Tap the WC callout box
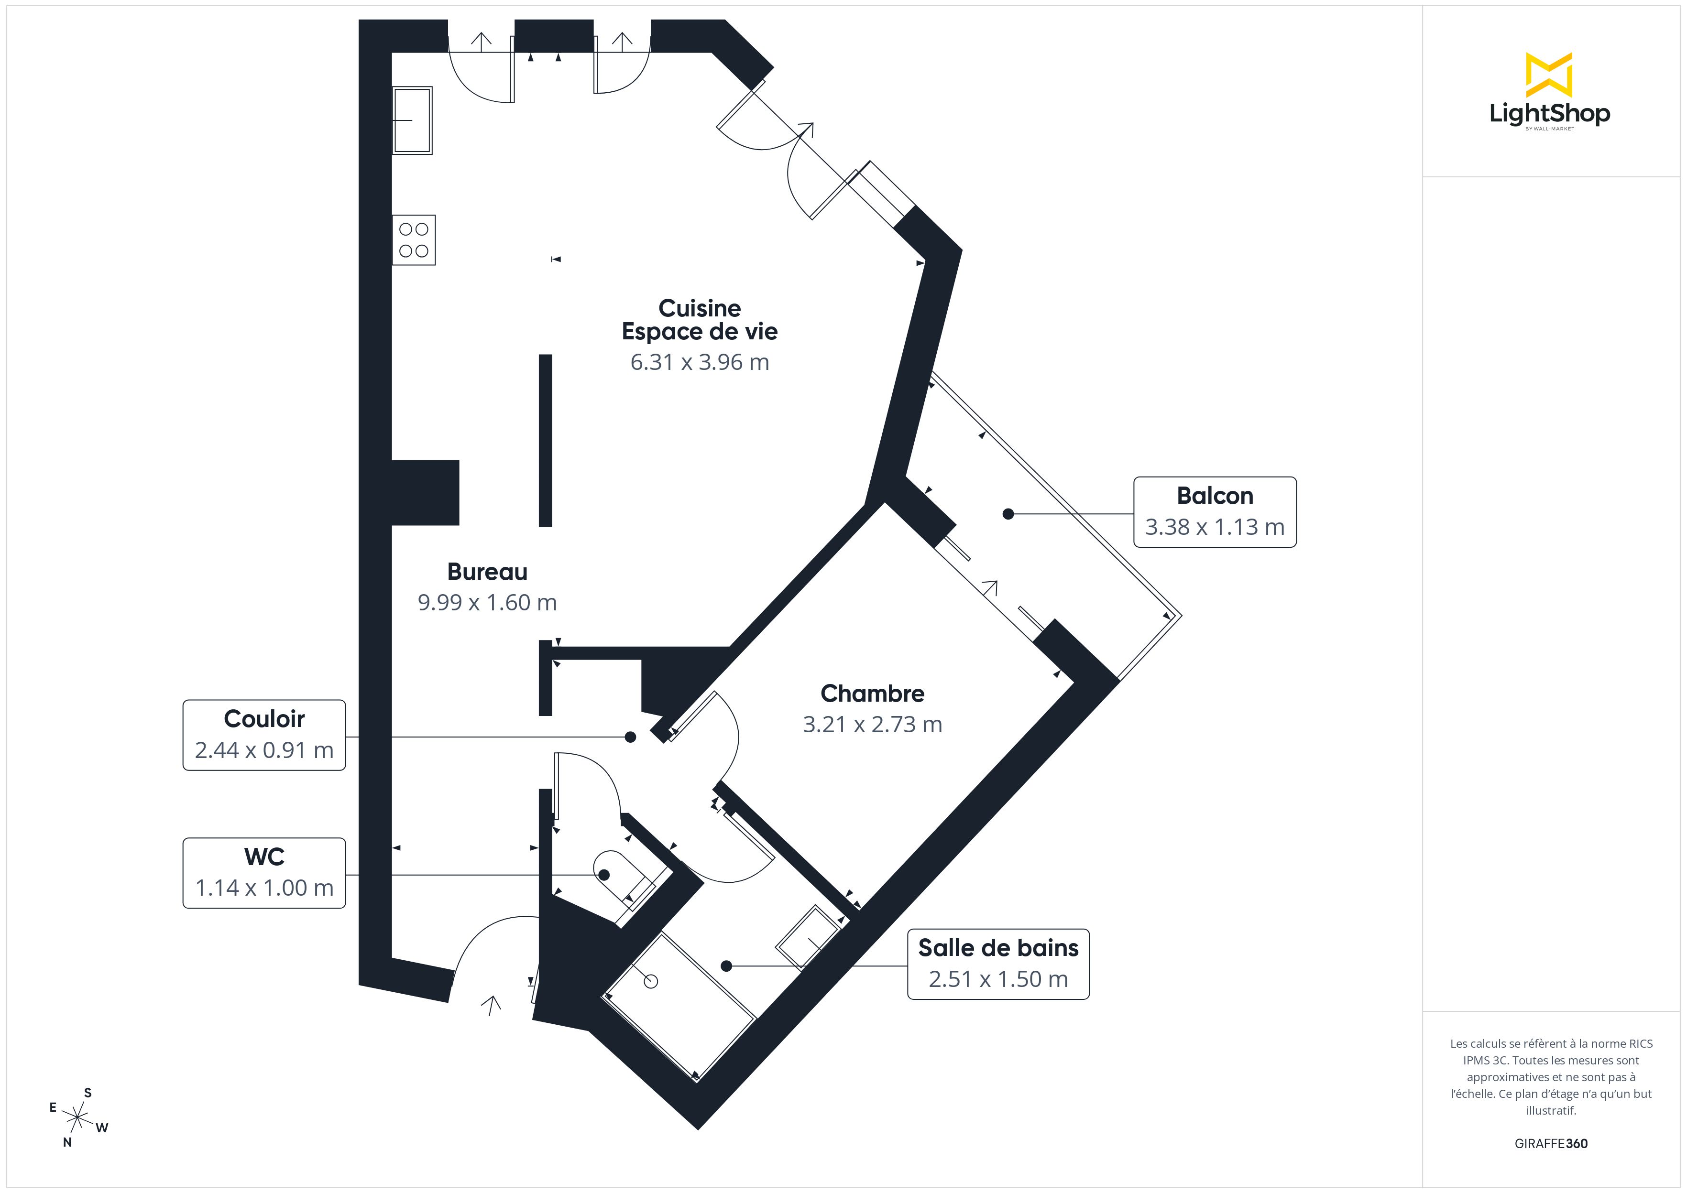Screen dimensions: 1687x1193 [x=264, y=873]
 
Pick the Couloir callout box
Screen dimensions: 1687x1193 [x=264, y=735]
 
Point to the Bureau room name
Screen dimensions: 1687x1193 [x=487, y=572]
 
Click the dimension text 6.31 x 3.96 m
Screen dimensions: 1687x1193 [x=700, y=362]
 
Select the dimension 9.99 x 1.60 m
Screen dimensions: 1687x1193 [x=487, y=602]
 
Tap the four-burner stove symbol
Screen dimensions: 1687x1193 [x=414, y=240]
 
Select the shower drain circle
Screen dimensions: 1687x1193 [x=651, y=981]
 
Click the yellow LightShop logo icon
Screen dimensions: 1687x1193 [x=1549, y=75]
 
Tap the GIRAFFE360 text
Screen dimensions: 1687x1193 [x=1550, y=1144]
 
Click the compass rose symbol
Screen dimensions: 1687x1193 [x=77, y=1117]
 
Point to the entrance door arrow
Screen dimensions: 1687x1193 [x=491, y=1004]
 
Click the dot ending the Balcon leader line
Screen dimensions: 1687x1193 [x=1008, y=514]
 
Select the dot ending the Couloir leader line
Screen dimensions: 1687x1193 [x=630, y=737]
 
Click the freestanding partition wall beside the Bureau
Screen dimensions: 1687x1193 [x=545, y=441]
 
